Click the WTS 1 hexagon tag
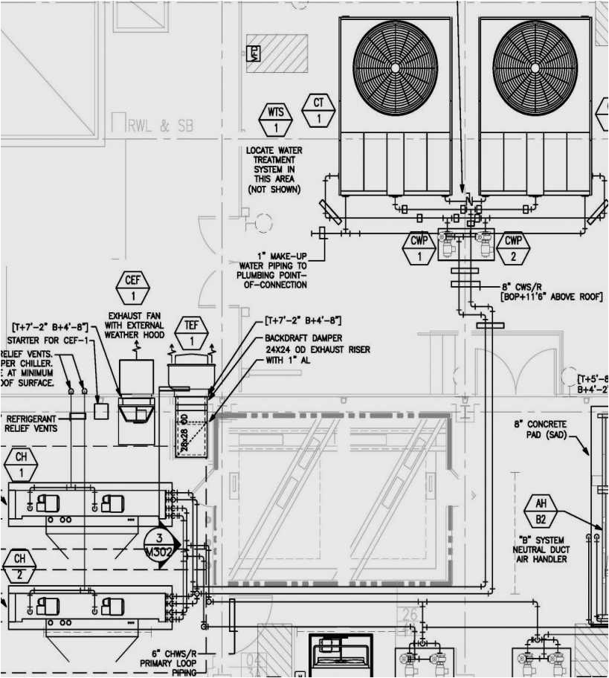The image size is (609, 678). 276,120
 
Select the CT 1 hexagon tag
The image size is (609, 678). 318,110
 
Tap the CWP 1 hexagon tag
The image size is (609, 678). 419,248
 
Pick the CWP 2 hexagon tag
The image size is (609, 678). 514,248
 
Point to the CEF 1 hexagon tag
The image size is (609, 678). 133,288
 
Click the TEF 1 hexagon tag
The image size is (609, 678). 191,334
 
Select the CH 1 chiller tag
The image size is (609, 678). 21,465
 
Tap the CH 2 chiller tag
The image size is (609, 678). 20,566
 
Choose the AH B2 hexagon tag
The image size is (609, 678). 541,512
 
